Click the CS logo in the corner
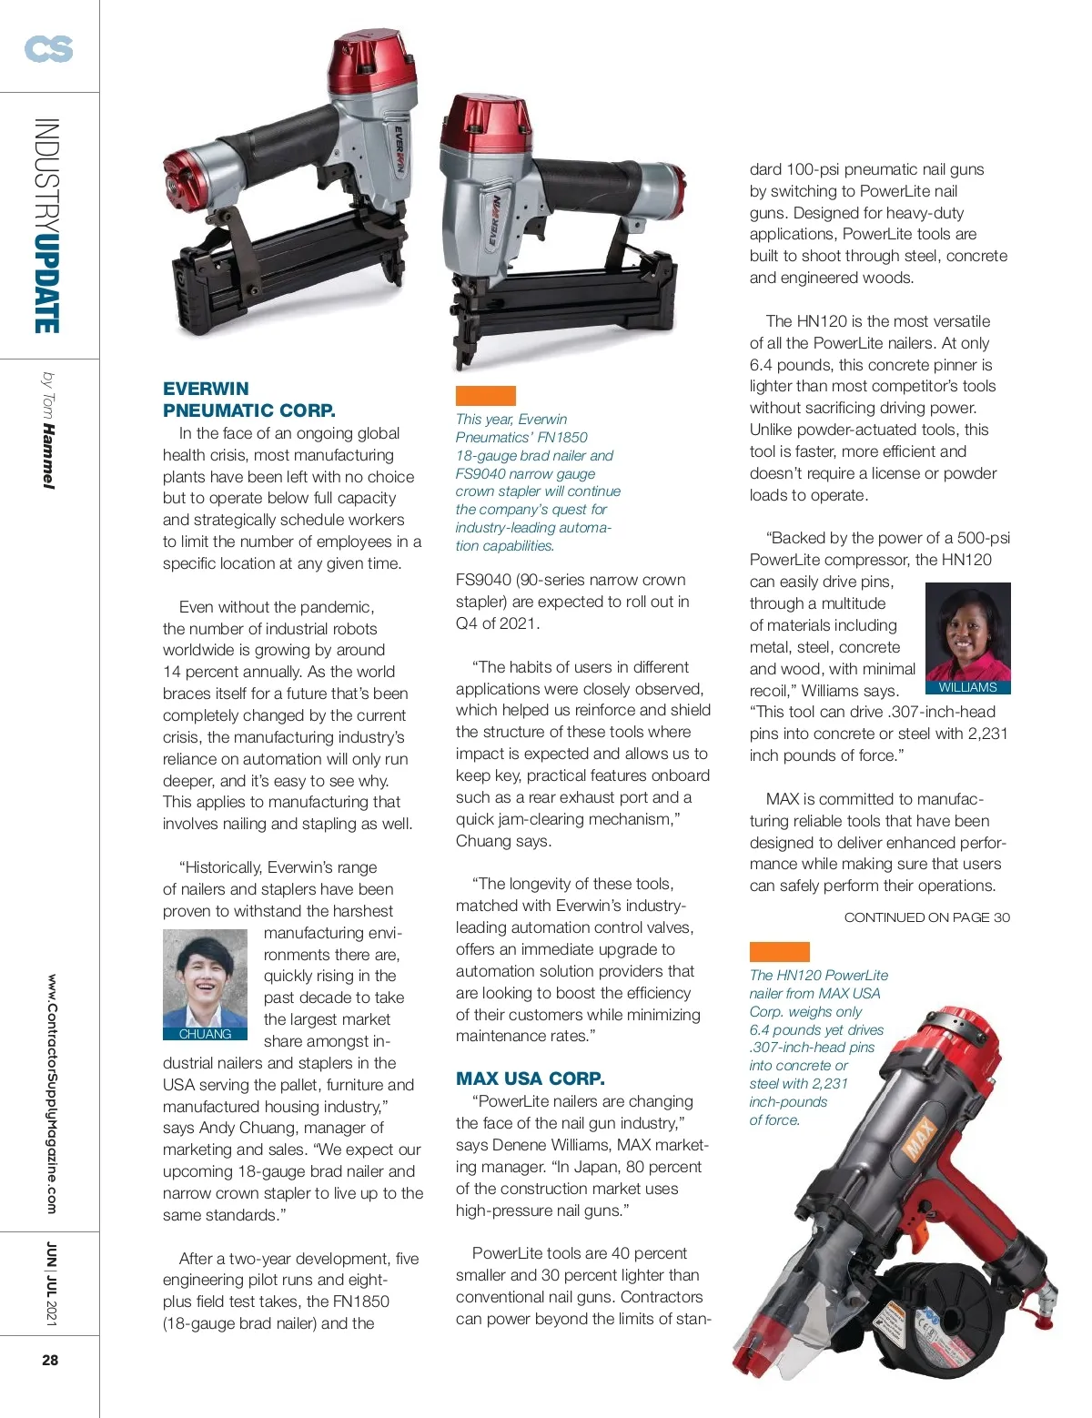(48, 48)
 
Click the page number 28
(50, 1360)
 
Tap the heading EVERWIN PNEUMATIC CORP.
(248, 400)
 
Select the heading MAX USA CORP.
(530, 1079)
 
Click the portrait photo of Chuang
(205, 979)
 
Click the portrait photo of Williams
(967, 632)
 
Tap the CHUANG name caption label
(205, 1034)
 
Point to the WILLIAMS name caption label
(967, 688)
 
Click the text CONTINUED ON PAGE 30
(926, 917)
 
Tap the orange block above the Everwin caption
(485, 395)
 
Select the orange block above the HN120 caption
(779, 952)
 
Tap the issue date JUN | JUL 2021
(51, 1283)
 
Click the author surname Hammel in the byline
(48, 457)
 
